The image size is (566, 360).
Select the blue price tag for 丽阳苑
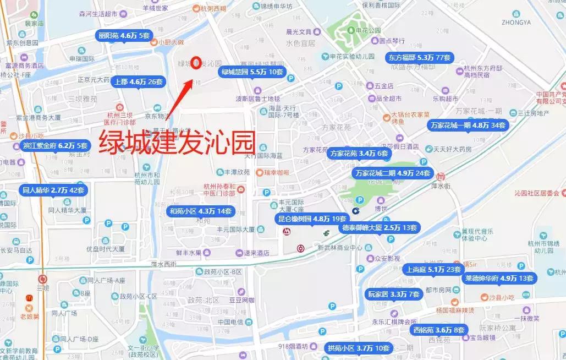pyautogui.click(x=123, y=36)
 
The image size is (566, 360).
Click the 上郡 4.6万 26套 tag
pyautogui.click(x=138, y=82)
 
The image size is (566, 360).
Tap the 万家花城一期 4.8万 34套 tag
pyautogui.click(x=468, y=126)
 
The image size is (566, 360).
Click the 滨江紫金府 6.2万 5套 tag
pyautogui.click(x=54, y=146)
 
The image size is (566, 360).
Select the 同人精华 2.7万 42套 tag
pyautogui.click(x=53, y=190)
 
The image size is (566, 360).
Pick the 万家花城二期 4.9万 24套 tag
pyautogui.click(x=393, y=173)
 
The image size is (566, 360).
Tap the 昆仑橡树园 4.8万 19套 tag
pyautogui.click(x=312, y=219)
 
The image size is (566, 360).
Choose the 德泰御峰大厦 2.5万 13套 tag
pyautogui.click(x=379, y=227)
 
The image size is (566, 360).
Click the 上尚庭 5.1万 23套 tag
pyautogui.click(x=433, y=270)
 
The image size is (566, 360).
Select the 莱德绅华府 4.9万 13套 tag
pyautogui.click(x=499, y=279)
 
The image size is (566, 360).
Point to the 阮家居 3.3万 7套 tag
pyautogui.click(x=394, y=294)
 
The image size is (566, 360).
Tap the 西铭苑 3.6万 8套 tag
pyautogui.click(x=439, y=330)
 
